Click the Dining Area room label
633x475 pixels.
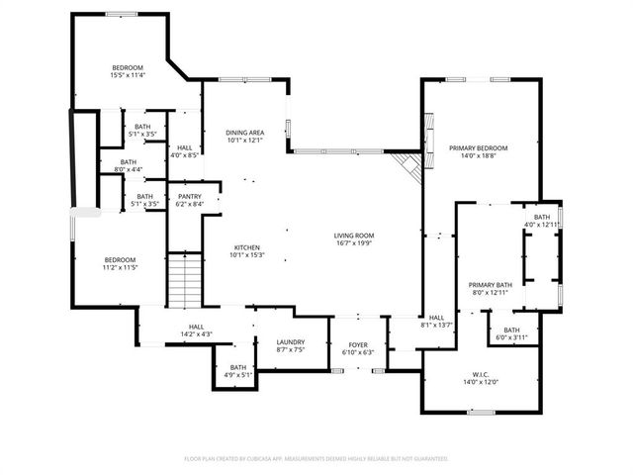click(245, 132)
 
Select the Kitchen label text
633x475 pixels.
click(246, 247)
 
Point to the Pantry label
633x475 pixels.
click(189, 196)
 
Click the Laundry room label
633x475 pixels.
click(290, 341)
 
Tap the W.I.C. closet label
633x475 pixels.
click(481, 375)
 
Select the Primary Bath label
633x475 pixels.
click(489, 284)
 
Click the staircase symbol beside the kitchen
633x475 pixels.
click(182, 280)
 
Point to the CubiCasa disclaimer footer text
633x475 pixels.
click(316, 458)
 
